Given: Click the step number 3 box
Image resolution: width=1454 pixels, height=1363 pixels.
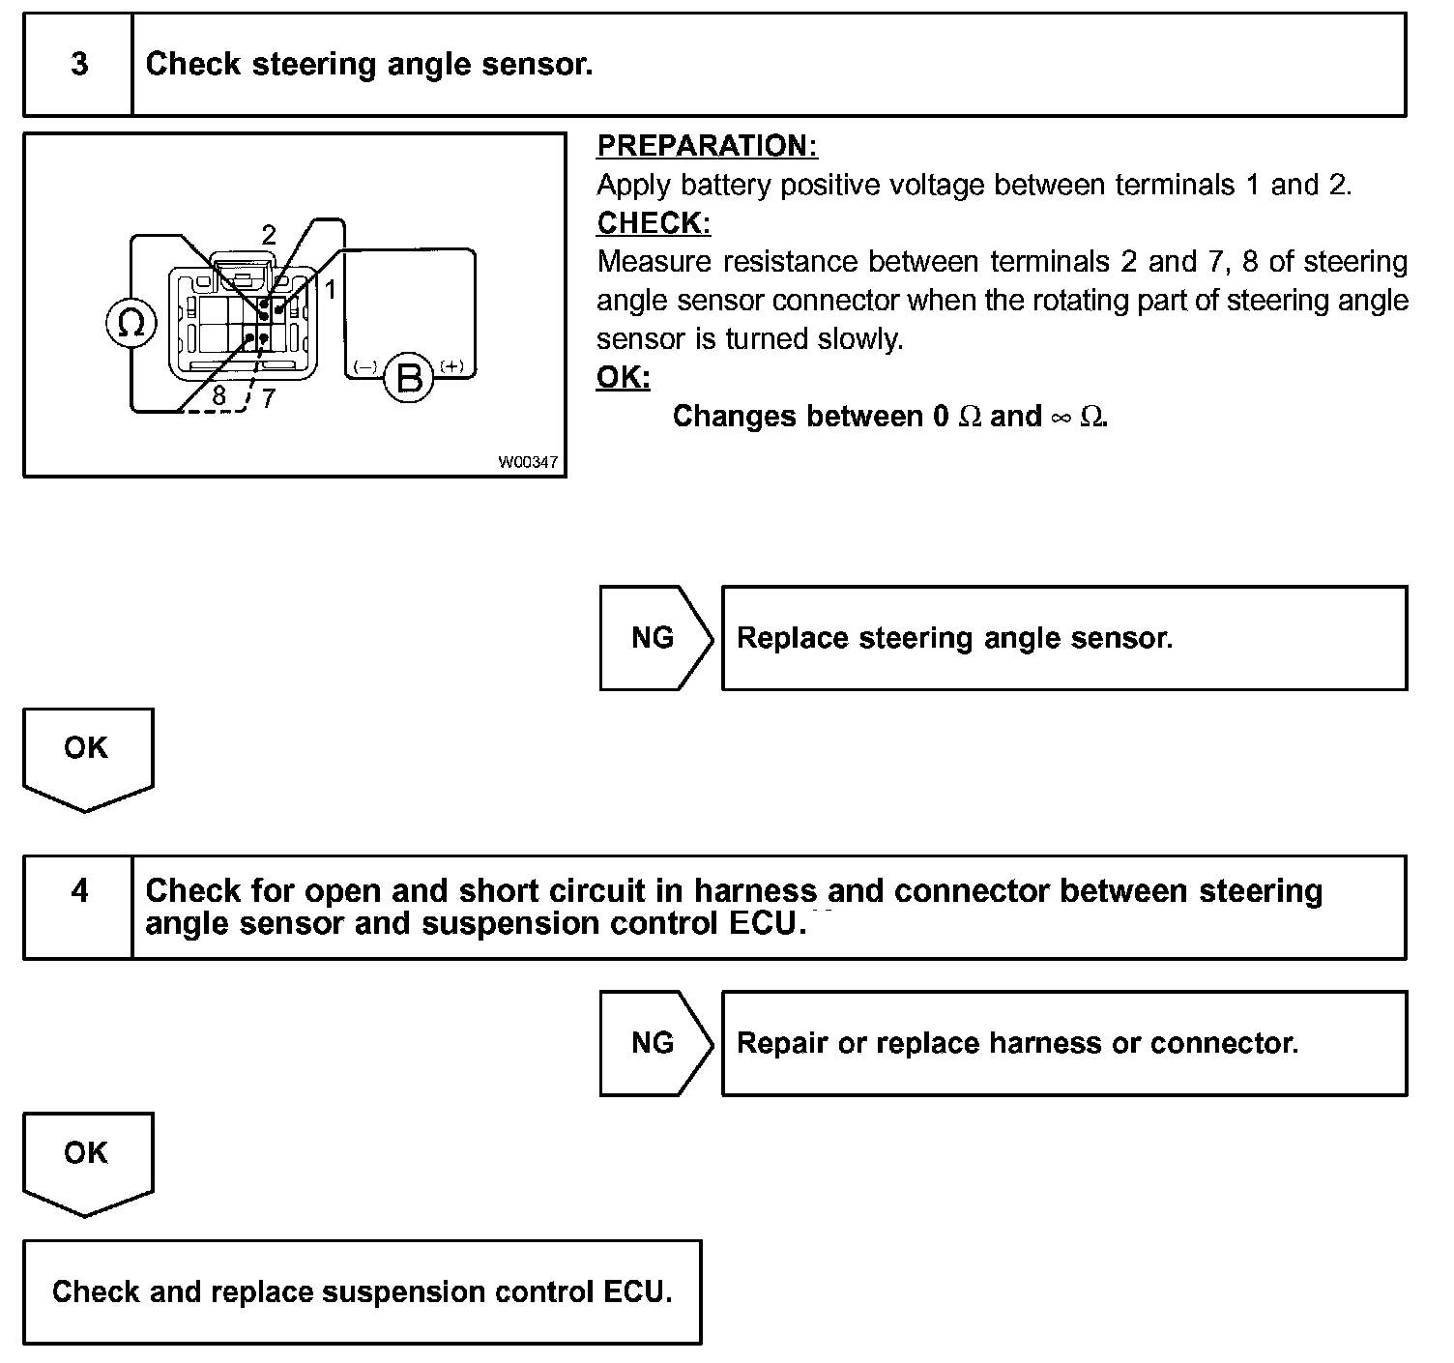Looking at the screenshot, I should [78, 65].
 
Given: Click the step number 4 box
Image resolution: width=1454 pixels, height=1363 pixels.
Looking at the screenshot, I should [78, 891].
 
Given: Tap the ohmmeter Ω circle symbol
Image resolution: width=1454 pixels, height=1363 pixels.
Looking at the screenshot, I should [131, 323].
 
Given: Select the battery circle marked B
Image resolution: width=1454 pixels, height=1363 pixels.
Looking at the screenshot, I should [410, 377].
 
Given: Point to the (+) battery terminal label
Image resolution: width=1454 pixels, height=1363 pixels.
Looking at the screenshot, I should [451, 366].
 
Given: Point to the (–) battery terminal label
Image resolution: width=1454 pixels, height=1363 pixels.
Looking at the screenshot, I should [365, 367].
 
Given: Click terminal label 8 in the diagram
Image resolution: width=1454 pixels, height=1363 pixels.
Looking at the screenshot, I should [219, 395].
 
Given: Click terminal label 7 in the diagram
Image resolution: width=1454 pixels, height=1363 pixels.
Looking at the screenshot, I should [269, 397].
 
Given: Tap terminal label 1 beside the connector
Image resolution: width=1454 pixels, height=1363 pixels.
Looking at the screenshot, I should [330, 288].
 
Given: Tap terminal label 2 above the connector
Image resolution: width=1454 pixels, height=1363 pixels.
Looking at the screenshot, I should [269, 235].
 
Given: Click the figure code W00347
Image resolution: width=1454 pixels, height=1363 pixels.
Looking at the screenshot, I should [528, 462].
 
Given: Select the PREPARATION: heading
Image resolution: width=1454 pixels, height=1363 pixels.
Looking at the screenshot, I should [707, 146].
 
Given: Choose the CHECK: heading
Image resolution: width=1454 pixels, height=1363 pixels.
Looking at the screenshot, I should [654, 223].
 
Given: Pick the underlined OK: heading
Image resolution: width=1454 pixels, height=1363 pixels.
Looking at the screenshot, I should [624, 377].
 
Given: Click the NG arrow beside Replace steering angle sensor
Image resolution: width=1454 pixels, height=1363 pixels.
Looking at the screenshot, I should [654, 638].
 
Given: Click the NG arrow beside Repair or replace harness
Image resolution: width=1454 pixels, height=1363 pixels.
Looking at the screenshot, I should [654, 1043].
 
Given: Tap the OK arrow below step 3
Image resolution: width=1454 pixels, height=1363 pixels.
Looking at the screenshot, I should [87, 755].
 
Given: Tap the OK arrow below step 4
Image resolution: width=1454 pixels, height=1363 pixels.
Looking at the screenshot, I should [87, 1159].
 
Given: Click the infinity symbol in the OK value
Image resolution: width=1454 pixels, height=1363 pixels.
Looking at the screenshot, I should [1061, 418].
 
